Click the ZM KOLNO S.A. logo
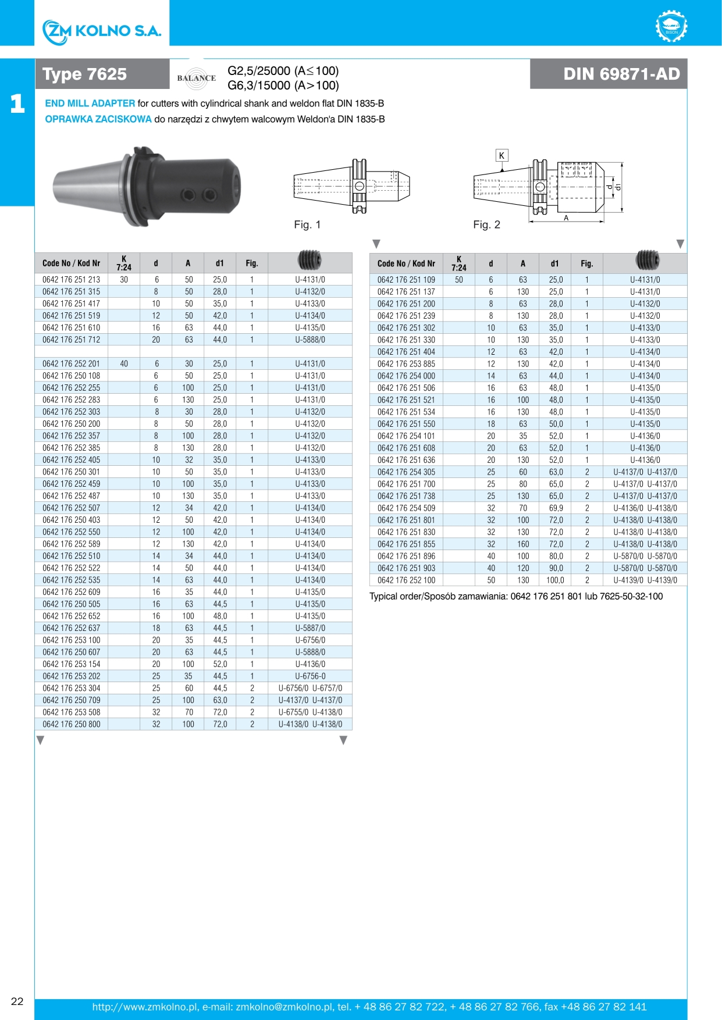pos(102,31)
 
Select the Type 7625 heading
pos(85,74)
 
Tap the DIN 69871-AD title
pos(621,74)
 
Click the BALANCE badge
pos(197,78)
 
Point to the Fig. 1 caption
pos(307,225)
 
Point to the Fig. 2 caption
pos(486,225)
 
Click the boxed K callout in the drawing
pos(502,155)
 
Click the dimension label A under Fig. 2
pos(566,218)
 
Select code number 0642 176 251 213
pos(71,280)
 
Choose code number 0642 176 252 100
pos(406,580)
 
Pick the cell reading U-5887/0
pos(310,628)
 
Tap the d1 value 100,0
pos(555,580)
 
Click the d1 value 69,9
pos(556,508)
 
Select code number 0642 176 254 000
pos(406,376)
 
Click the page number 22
pos(17,1001)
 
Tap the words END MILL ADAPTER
pos(90,104)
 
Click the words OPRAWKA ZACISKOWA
pos(98,119)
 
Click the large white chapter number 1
pos(17,104)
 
